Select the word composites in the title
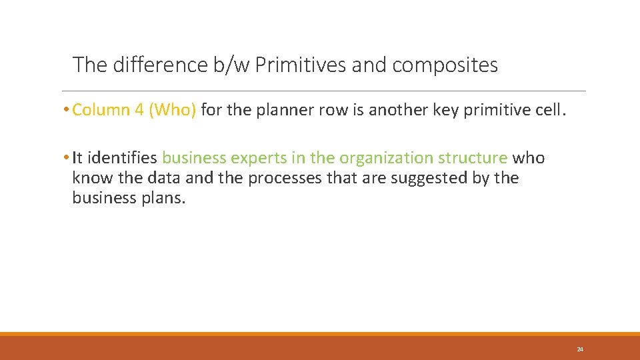pos(445,65)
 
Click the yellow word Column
pos(101,110)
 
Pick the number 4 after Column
pos(139,110)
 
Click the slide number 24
pos(580,349)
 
